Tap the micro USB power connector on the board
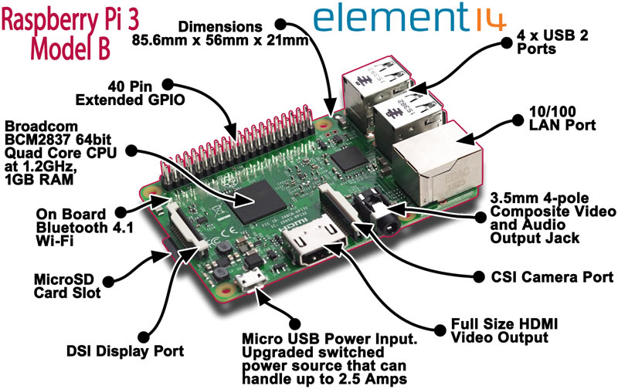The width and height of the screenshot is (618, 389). tap(250, 280)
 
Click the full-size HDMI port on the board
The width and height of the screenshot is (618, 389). tap(315, 242)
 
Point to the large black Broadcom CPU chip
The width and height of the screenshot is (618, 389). tap(260, 202)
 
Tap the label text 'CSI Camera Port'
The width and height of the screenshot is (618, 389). tap(552, 277)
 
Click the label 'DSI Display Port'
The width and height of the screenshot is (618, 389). tap(125, 351)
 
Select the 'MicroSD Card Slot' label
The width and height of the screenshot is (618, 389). tap(67, 286)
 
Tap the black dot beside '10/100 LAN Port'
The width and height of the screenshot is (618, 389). tap(518, 120)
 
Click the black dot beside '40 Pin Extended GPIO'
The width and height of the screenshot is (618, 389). tap(168, 84)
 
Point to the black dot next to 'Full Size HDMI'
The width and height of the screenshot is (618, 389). tap(440, 330)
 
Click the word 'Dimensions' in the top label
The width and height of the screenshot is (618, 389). tap(220, 27)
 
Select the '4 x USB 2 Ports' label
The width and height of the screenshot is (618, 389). tap(552, 42)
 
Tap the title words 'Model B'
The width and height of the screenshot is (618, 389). tap(70, 49)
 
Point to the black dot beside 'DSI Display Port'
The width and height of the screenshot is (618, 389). tap(144, 337)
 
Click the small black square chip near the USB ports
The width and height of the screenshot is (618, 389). tap(349, 161)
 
